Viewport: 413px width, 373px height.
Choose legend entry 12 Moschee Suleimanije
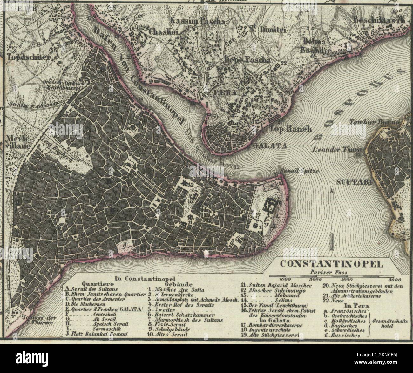pyautogui.click(x=273, y=290)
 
